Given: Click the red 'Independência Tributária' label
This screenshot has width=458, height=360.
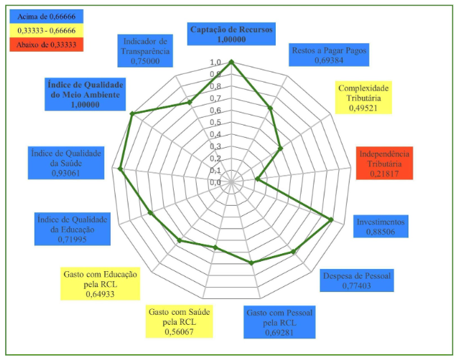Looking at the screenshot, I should [x=384, y=164].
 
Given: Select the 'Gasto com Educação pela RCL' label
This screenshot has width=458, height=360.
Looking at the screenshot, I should [x=100, y=283].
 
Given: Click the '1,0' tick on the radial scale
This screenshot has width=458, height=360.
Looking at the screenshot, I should [x=215, y=64].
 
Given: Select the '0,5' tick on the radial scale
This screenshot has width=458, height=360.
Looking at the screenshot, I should [x=215, y=123].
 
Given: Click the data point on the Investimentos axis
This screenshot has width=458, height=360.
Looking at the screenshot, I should [x=332, y=219].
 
